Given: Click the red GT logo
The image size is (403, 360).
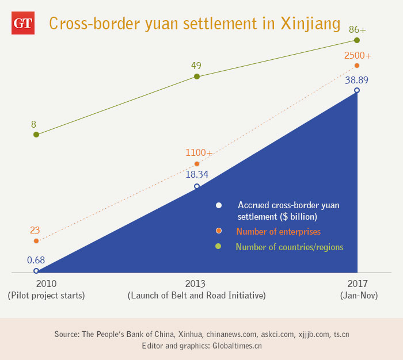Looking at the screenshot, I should pos(22,24).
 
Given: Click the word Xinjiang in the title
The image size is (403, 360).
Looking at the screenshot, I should pos(310,24).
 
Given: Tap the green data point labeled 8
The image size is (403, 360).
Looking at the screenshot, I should pos(36,135).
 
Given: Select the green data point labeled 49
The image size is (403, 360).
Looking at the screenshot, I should pos(197,76).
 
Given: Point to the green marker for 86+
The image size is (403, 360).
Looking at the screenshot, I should pos(357,40).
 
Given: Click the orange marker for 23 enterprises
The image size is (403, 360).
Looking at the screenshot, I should pos(36,241).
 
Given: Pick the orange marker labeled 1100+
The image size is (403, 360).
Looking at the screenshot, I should pos(197,164).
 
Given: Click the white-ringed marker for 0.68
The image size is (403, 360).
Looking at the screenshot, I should pos(36,271).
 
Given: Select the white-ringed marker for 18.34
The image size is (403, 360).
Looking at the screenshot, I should pos(197,186).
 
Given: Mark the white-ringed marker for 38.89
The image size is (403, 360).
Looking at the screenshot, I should pos(357,90).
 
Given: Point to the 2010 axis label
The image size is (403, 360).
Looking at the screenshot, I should pos(46,284).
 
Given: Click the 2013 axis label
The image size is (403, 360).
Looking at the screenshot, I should pos(196,284).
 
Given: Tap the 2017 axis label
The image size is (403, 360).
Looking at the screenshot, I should pos(357,284).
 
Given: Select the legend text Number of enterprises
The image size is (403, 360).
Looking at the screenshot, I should pos(278,232).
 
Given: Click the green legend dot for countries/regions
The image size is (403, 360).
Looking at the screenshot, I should pos(218,247).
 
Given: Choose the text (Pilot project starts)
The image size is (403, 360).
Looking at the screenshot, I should pos(46,296).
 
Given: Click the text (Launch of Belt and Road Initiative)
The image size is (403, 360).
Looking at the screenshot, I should pos(196,296).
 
